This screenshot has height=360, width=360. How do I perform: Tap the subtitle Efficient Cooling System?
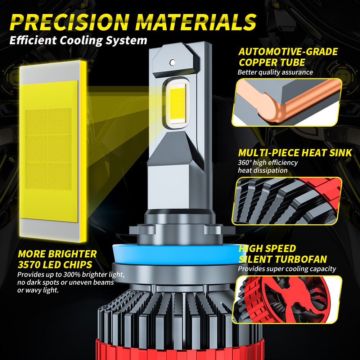click(x=78, y=40)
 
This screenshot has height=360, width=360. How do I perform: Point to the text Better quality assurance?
click(x=275, y=72)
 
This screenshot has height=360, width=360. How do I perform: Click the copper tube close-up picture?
click(x=287, y=102)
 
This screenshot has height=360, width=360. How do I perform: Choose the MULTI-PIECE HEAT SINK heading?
click(x=295, y=153)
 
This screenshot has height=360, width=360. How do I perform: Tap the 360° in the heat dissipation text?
click(x=244, y=162)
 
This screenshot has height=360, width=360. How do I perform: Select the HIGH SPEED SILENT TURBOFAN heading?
click(x=283, y=254)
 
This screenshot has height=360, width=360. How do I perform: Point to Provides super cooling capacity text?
click(x=287, y=269)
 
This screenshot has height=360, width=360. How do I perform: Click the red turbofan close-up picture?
click(x=287, y=300)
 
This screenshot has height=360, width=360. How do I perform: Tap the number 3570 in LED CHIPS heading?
click(x=30, y=265)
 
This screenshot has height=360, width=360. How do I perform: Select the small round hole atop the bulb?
click(x=173, y=62)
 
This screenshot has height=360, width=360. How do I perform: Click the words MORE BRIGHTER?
click(x=57, y=254)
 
